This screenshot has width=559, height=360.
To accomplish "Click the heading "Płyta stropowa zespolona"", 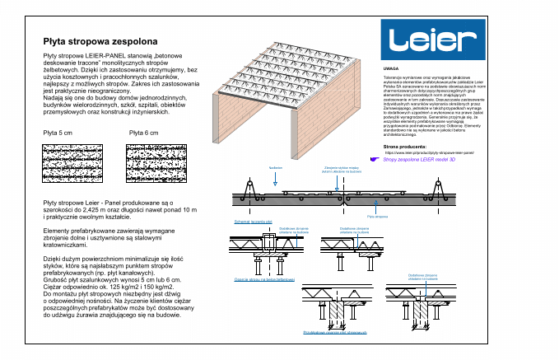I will click(x=100, y=40).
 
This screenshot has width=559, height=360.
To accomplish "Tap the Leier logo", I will click(x=433, y=40).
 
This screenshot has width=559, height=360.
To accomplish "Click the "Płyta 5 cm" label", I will click(x=58, y=132).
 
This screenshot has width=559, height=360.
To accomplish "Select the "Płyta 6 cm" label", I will click(x=144, y=132).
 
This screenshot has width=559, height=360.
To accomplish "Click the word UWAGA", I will click(x=391, y=69).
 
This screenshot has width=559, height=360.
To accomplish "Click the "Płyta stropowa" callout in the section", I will click(x=377, y=217).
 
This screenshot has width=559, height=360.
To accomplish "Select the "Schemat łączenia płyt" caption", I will click(x=253, y=222).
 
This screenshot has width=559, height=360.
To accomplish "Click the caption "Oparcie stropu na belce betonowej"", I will click(x=264, y=280).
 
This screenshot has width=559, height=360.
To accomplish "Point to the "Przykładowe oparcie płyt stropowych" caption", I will click(x=334, y=332).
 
